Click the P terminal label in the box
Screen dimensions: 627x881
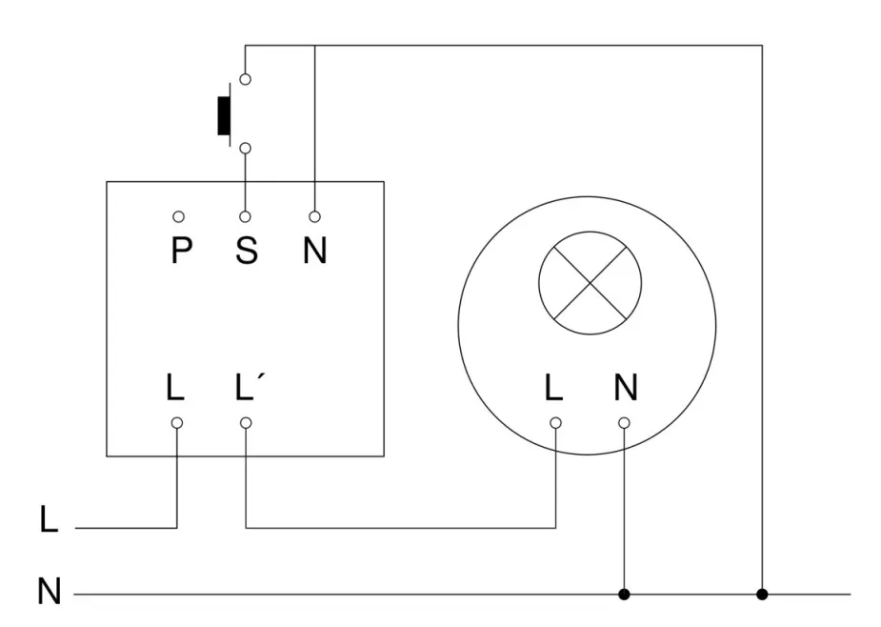click(x=181, y=251)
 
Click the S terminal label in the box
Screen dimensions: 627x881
click(x=246, y=251)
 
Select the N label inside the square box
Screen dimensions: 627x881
click(x=314, y=251)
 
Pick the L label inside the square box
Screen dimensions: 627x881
click(x=175, y=388)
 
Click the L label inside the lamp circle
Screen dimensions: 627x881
click(x=554, y=388)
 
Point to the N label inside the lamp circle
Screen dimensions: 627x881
click(x=625, y=388)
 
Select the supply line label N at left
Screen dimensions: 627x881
click(x=50, y=592)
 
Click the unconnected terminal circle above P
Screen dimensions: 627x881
click(x=177, y=217)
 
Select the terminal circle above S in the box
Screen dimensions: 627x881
click(x=246, y=217)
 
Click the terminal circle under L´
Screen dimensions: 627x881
click(x=246, y=422)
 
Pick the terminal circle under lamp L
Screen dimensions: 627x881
click(x=555, y=422)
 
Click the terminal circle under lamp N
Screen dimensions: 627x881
click(x=625, y=422)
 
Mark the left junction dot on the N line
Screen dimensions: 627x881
click(x=625, y=595)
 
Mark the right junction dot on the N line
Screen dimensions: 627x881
click(x=762, y=595)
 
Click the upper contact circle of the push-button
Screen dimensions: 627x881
click(x=246, y=80)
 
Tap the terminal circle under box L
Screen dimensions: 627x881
click(x=177, y=422)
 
